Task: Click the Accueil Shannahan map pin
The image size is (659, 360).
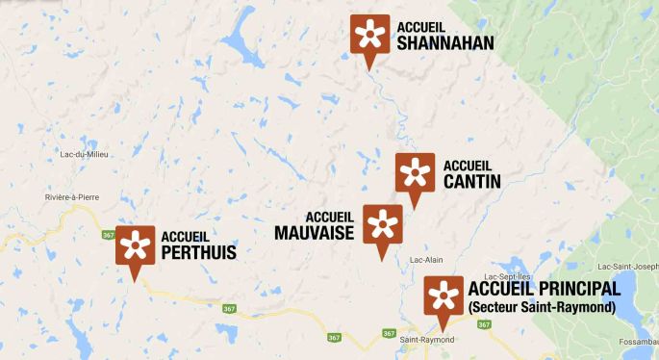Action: click(x=366, y=36)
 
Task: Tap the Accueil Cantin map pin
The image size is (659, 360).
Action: click(x=415, y=174)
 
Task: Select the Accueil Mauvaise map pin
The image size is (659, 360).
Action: click(x=382, y=226)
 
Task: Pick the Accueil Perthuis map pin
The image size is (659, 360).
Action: click(x=135, y=247)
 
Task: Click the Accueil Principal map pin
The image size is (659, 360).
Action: click(x=444, y=297)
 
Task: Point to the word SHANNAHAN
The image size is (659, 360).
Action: click(x=444, y=42)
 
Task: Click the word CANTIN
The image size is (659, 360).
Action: click(x=472, y=180)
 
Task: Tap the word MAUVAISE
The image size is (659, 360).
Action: click(x=315, y=232)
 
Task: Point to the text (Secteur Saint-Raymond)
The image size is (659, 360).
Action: click(x=541, y=308)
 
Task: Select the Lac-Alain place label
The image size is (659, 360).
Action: click(x=427, y=260)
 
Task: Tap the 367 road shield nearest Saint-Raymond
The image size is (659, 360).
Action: click(x=387, y=333)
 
